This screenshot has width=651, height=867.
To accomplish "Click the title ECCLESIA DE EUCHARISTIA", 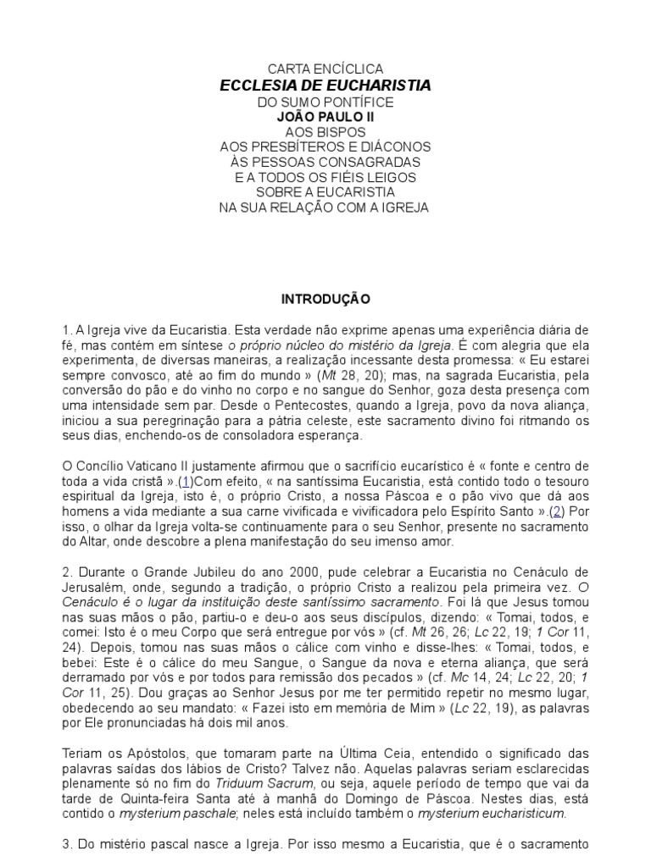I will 325,86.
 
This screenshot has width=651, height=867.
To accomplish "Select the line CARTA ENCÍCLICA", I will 325,69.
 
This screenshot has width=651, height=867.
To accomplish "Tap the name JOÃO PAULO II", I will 325,117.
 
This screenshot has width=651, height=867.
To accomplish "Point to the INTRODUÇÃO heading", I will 325,300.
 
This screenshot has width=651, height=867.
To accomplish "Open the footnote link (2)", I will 556,511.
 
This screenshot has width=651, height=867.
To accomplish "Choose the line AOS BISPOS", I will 325,132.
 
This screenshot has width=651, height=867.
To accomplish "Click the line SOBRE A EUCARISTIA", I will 325,192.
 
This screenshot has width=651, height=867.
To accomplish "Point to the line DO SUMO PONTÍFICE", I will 325,102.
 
